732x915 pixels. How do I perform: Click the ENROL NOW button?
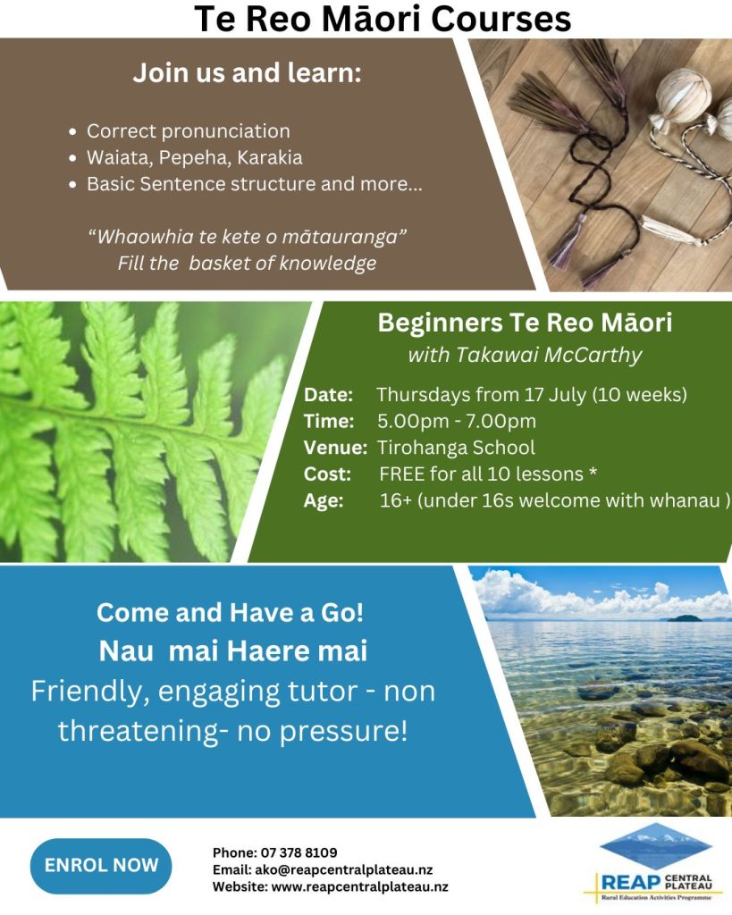tap(101, 866)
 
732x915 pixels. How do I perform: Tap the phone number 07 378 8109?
tap(299, 852)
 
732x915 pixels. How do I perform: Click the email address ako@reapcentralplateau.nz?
tap(344, 870)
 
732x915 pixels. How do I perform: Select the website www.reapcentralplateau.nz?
tap(360, 887)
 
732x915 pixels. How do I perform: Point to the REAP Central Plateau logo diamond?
tap(656, 846)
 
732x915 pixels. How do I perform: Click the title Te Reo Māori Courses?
tap(383, 19)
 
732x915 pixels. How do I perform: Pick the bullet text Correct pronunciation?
tap(189, 131)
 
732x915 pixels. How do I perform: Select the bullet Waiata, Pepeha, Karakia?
tap(195, 157)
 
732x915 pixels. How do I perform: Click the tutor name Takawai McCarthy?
tap(549, 355)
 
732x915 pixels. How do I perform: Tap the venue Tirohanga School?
tap(456, 448)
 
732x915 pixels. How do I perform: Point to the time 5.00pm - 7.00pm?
tap(457, 422)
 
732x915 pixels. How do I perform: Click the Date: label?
tap(328, 395)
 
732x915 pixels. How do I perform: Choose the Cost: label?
tap(327, 474)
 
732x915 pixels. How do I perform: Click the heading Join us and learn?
tap(247, 73)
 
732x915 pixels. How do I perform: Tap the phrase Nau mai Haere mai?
tap(233, 651)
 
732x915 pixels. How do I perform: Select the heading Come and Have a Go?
tap(231, 613)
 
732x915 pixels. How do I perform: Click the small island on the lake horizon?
tap(684, 618)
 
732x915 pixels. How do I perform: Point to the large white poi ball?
tap(684, 97)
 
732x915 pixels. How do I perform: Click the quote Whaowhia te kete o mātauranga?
tap(247, 237)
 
